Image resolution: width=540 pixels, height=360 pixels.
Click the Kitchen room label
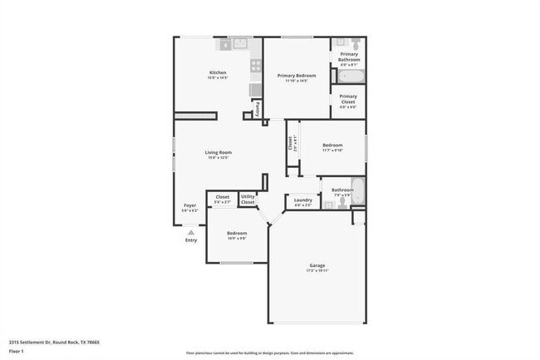pyautogui.click(x=218, y=72)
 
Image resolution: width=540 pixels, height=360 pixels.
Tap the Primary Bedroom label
pyautogui.click(x=297, y=76)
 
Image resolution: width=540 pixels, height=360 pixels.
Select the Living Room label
pyautogui.click(x=218, y=152)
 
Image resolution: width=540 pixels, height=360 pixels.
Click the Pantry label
pyautogui.click(x=257, y=109)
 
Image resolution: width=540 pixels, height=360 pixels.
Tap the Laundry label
pyautogui.click(x=303, y=200)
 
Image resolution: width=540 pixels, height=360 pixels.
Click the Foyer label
pyautogui.click(x=190, y=205)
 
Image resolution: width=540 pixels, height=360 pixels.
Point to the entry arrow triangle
pyautogui.click(x=191, y=233)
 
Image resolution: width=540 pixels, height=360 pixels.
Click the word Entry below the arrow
pyautogui.click(x=191, y=241)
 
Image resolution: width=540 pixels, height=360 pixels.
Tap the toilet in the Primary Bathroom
pyautogui.click(x=356, y=44)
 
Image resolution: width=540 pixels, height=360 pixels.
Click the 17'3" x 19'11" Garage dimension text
pyautogui.click(x=317, y=271)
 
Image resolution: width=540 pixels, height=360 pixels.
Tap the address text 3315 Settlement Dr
pyautogui.click(x=42, y=341)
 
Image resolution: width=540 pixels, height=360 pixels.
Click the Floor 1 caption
pyautogui.click(x=17, y=351)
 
